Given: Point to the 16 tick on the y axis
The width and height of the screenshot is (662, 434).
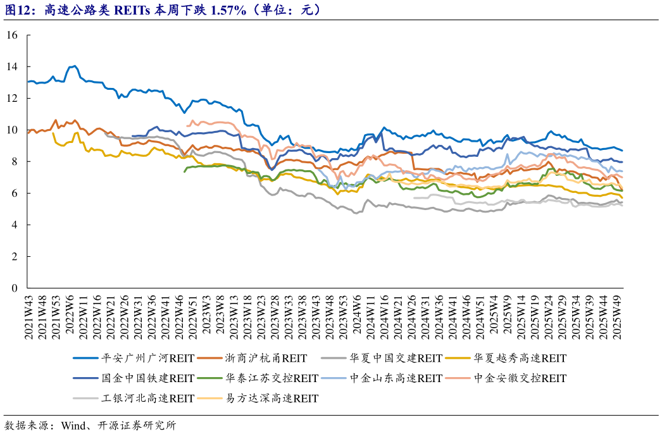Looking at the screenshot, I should [11, 35].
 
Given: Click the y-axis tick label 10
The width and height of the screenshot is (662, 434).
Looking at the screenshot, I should [11, 130].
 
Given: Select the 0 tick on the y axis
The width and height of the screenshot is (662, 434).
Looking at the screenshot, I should [14, 288].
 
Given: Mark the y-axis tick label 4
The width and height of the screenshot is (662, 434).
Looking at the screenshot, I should [14, 225].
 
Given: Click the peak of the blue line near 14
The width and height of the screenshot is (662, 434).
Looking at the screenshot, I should [75, 65].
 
